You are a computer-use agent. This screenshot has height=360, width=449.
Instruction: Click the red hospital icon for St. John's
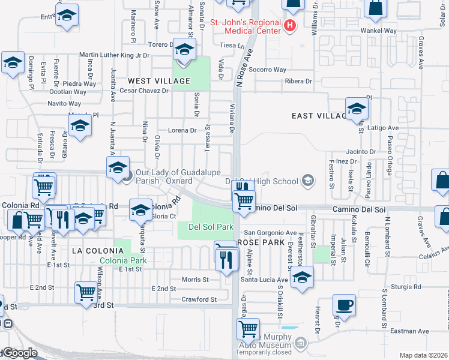pos(290,25)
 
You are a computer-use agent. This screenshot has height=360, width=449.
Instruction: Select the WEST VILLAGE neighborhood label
pos(158,81)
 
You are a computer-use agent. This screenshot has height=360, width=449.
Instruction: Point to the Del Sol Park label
pos(211,227)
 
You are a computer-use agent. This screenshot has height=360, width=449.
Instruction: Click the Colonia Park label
pos(122,260)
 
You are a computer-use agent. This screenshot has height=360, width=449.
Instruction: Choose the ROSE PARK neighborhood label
pos(261,242)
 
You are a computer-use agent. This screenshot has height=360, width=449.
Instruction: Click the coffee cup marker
pos(344,305)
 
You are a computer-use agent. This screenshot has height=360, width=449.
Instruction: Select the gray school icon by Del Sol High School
pos(308,181)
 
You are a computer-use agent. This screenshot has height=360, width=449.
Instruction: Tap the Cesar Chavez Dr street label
pos(144,91)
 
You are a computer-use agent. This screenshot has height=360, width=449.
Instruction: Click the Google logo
pos(19,353)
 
